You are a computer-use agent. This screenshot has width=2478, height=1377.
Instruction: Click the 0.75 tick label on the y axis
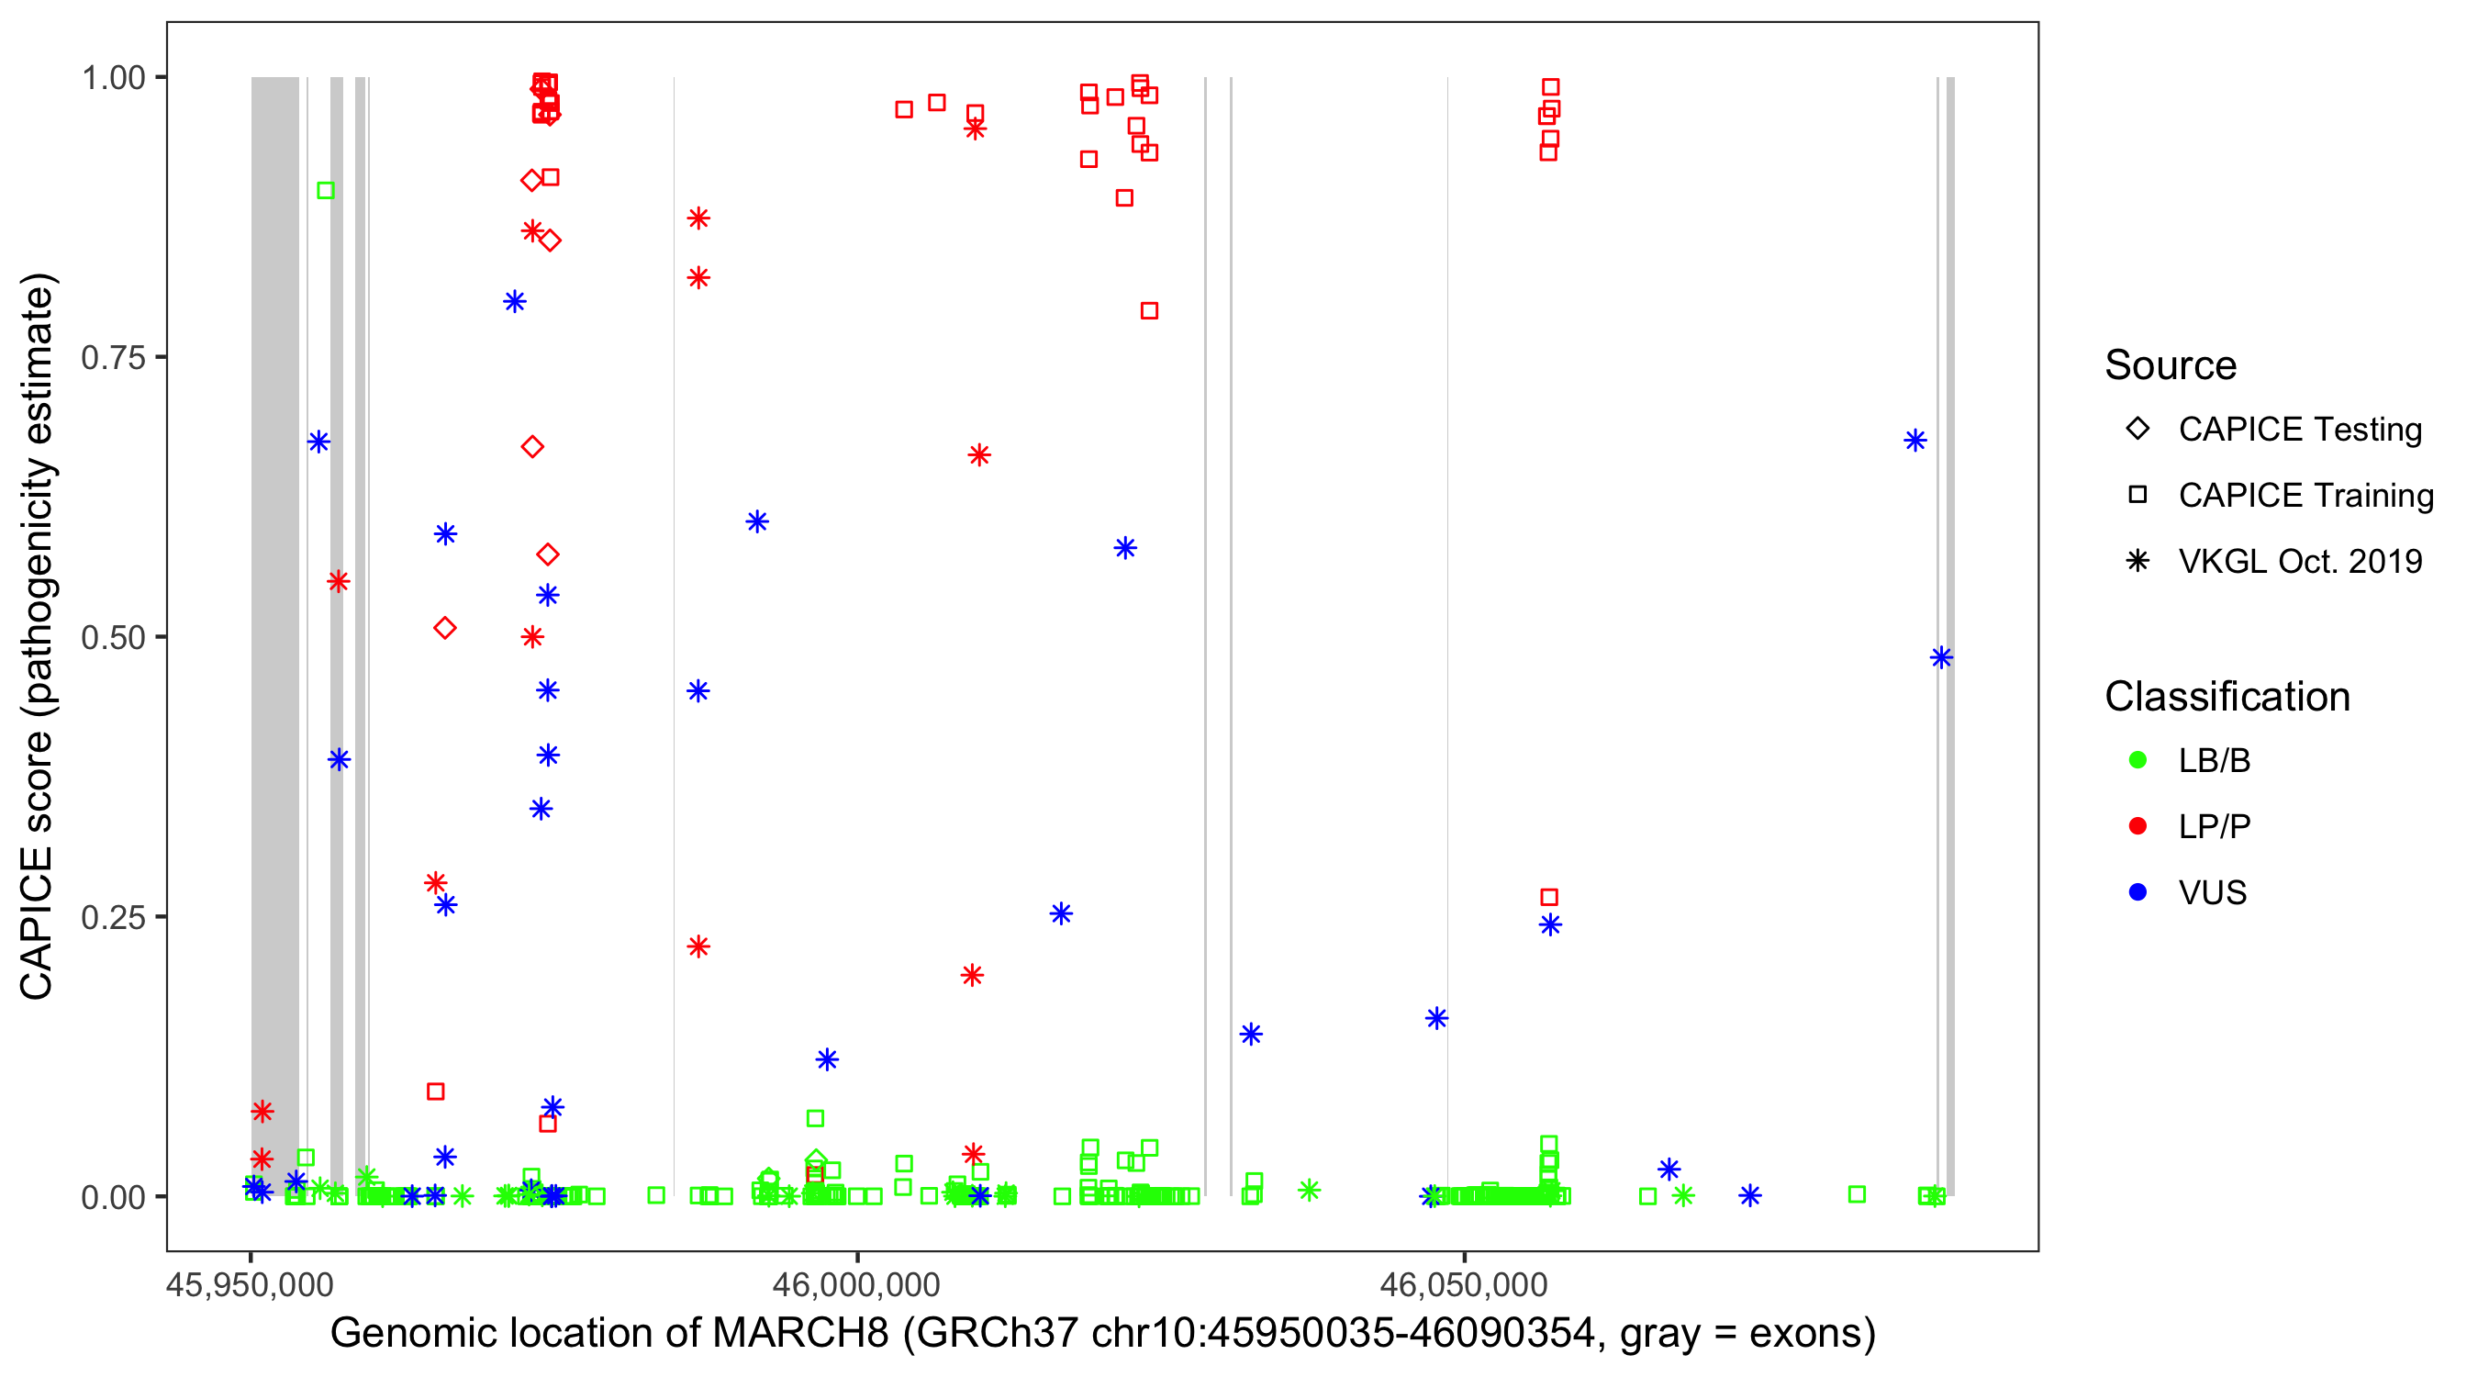point(112,358)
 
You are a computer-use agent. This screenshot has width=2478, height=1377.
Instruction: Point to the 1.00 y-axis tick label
point(112,78)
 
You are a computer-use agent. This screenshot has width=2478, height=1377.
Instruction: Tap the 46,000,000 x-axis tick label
point(856,1284)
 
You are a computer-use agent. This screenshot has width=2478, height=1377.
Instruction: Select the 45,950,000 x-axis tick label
point(251,1284)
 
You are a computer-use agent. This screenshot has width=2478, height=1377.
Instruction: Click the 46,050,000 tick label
point(1463,1284)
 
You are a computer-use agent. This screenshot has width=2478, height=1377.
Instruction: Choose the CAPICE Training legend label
point(2305,496)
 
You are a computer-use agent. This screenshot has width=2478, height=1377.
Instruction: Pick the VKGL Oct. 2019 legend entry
point(2299,562)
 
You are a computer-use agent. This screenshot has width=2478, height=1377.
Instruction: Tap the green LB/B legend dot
point(2138,761)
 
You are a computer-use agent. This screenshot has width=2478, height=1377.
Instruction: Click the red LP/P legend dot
point(2138,826)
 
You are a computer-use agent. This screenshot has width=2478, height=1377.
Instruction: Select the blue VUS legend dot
point(2138,893)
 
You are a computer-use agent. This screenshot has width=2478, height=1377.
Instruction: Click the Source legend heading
point(2171,365)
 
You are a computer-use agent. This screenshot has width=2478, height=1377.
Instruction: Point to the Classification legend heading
point(2227,697)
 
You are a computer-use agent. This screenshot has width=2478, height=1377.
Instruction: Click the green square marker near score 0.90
point(326,191)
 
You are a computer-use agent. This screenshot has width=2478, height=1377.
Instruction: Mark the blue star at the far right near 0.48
point(1941,658)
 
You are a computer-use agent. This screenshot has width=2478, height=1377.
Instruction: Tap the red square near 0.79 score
point(1148,311)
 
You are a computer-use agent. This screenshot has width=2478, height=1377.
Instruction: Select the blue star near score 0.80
point(515,302)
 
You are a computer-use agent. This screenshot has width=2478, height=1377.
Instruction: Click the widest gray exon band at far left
point(275,635)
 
